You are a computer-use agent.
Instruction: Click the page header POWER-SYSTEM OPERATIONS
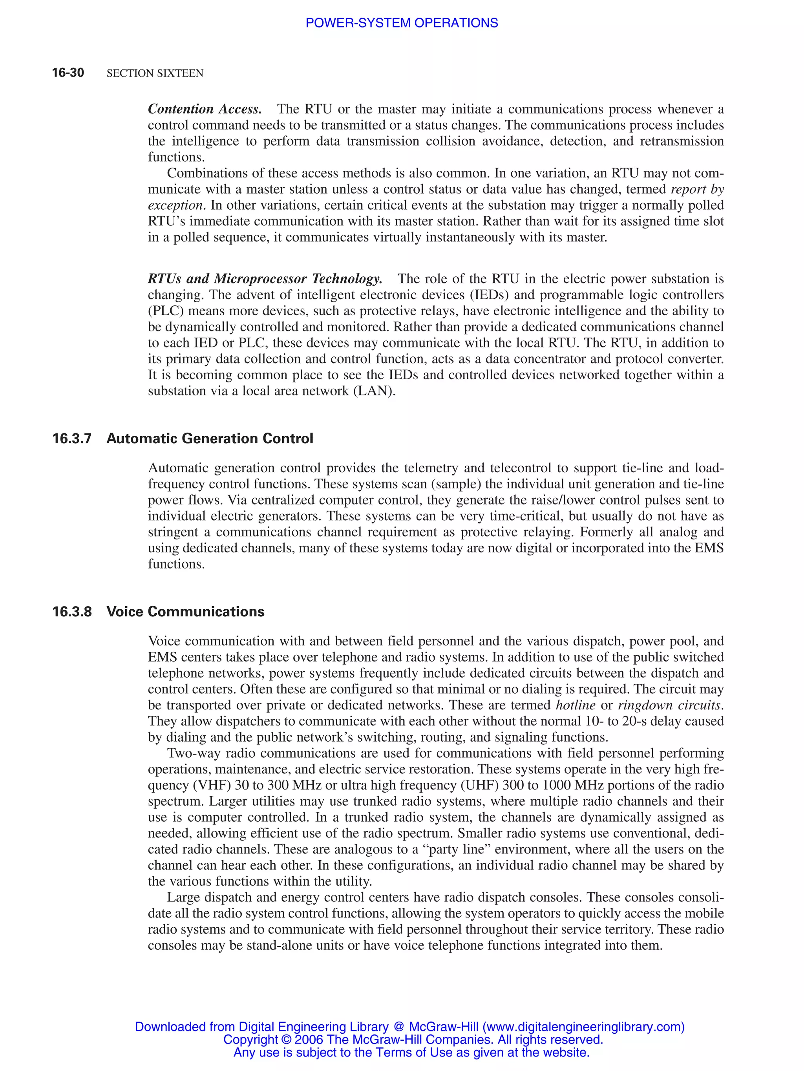click(401, 23)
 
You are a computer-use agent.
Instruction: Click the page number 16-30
click(68, 73)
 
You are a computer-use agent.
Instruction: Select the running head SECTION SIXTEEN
click(155, 73)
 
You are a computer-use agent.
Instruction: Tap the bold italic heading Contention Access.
click(205, 109)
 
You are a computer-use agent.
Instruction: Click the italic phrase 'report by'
click(697, 189)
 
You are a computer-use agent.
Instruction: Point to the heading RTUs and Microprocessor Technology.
click(265, 279)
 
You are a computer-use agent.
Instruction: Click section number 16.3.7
click(71, 439)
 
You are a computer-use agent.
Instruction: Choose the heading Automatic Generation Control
click(210, 439)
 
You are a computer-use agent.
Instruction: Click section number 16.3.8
click(71, 612)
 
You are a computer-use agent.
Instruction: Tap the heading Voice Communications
click(185, 612)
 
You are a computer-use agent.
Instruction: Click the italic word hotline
click(575, 705)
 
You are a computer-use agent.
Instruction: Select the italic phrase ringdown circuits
click(671, 705)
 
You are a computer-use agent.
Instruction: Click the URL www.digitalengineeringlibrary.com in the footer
click(583, 1027)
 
